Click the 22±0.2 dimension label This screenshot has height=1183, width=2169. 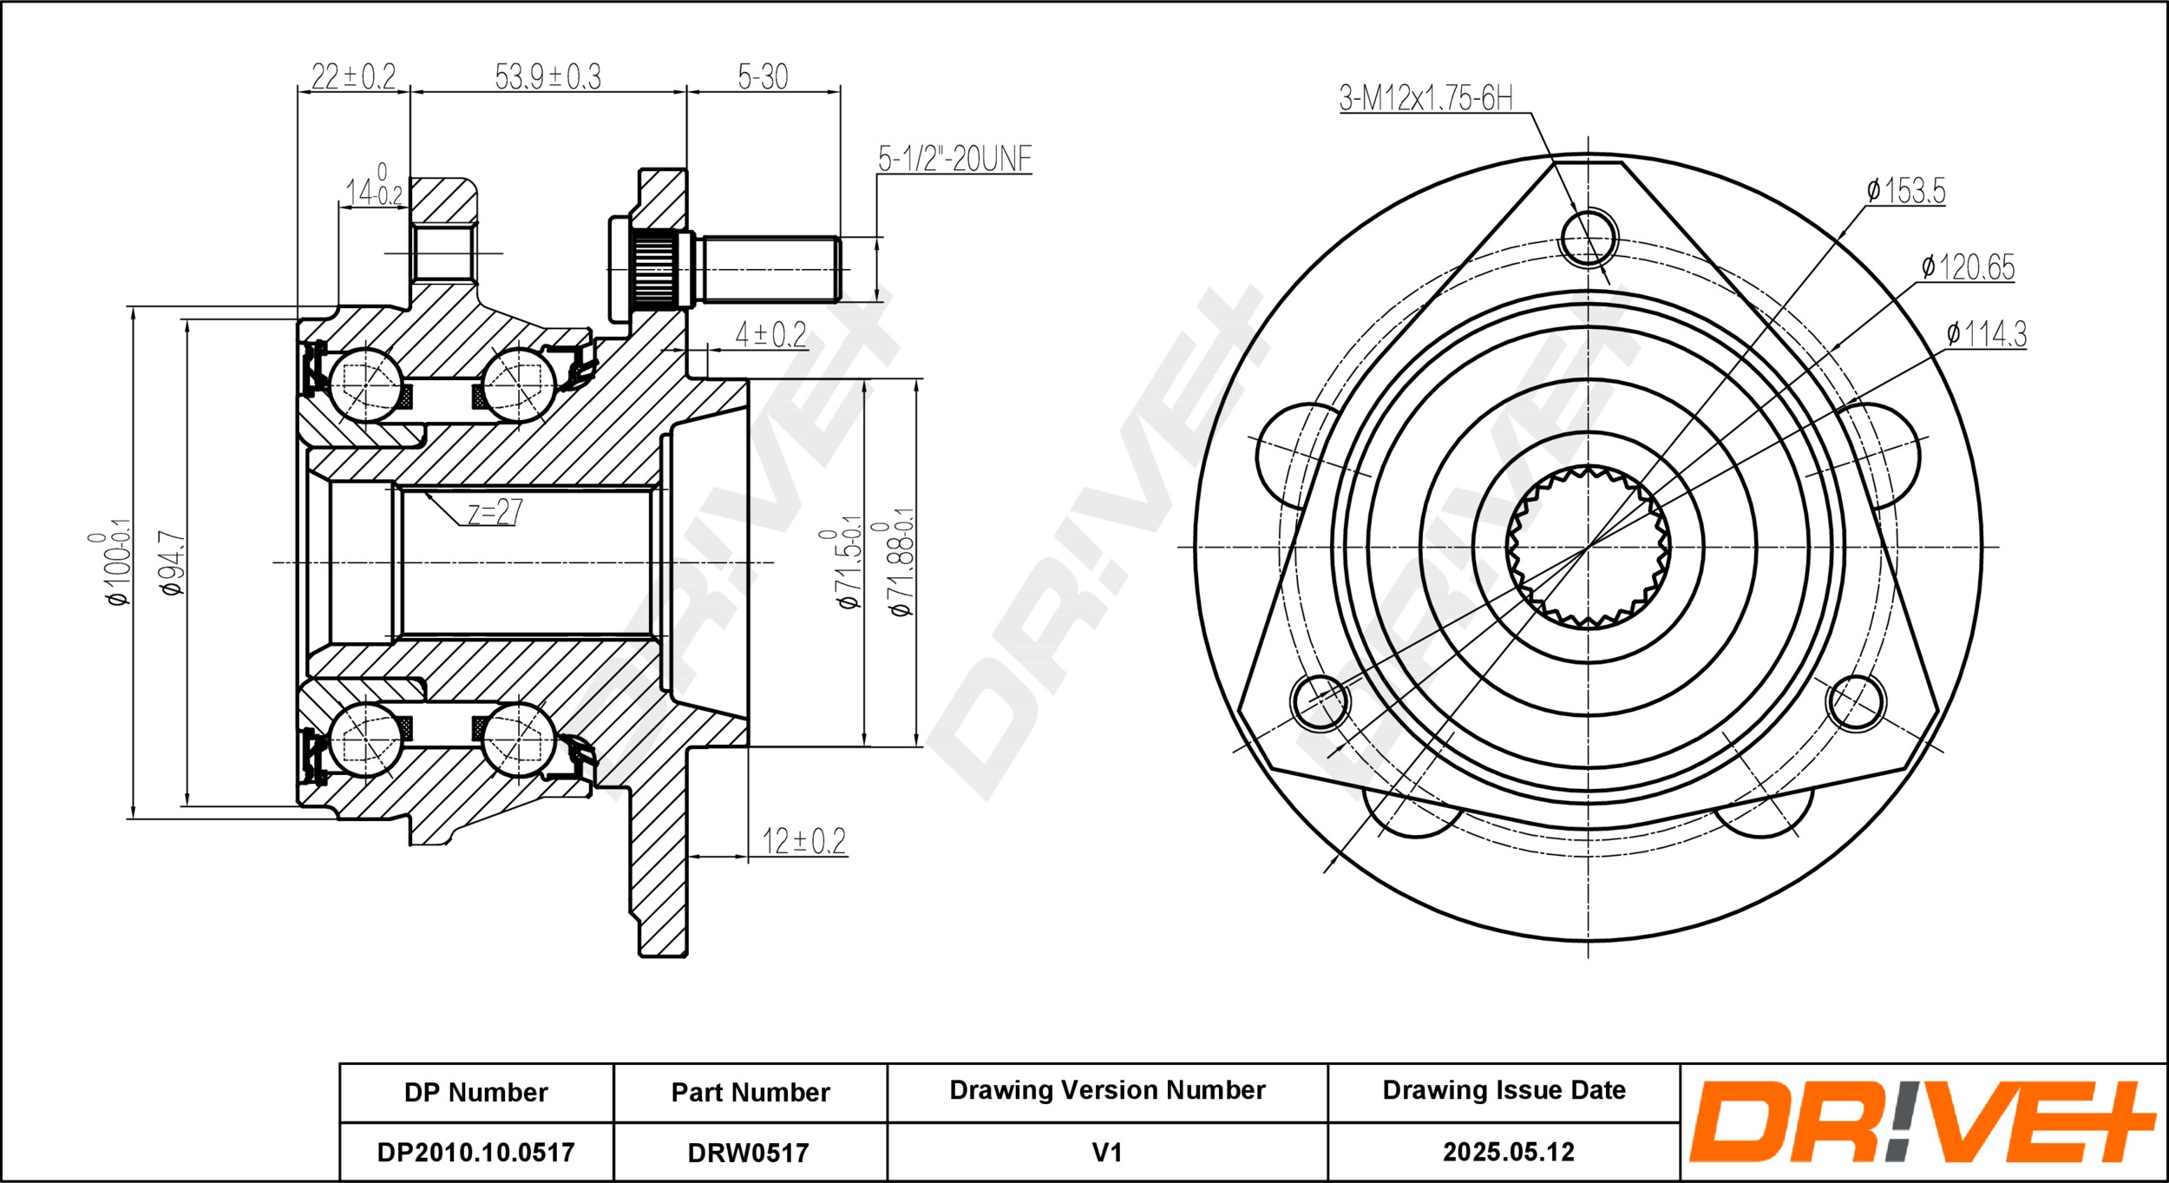[353, 76]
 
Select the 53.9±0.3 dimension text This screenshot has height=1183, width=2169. [547, 76]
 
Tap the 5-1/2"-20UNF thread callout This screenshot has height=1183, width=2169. [954, 159]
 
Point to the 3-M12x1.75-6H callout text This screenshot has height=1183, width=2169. [1425, 98]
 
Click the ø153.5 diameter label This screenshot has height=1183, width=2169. [1905, 190]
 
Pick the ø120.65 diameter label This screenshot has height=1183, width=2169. [1968, 266]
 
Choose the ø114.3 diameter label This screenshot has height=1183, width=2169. [1986, 333]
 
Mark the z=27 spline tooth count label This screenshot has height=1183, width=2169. [495, 511]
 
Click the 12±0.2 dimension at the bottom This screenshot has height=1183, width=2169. [803, 840]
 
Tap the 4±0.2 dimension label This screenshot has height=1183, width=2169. [771, 334]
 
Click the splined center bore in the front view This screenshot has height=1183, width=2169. [1588, 547]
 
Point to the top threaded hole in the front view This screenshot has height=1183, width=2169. [1589, 237]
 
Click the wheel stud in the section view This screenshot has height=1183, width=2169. [724, 269]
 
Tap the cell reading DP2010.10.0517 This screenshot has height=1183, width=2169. [475, 1152]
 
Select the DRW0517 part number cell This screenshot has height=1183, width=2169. [749, 1153]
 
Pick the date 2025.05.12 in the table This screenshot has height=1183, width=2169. [1508, 1152]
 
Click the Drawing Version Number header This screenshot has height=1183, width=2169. [1107, 1090]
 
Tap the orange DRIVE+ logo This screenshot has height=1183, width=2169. [1922, 1121]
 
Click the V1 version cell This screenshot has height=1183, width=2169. [1107, 1153]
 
